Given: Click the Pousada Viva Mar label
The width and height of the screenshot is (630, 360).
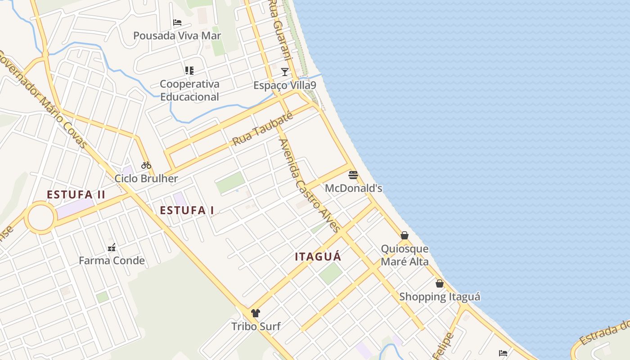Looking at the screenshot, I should (x=177, y=36).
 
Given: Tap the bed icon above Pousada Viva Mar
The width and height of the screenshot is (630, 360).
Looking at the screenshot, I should (x=177, y=22).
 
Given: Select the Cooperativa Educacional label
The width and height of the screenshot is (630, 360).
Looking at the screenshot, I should (x=189, y=90).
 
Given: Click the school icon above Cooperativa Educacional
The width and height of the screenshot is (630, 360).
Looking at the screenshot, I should (x=189, y=71).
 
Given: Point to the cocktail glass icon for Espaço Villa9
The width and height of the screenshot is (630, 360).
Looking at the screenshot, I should (x=284, y=72).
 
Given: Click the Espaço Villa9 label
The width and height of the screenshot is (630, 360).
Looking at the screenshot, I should (x=284, y=85).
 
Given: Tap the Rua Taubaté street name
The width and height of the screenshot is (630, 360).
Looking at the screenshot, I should (x=262, y=129).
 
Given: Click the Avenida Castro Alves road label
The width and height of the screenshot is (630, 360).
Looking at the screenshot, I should (x=310, y=185).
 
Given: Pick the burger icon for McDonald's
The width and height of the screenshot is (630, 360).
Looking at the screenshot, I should (x=353, y=175).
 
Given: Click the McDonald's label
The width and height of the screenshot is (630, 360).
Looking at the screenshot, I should (x=353, y=188).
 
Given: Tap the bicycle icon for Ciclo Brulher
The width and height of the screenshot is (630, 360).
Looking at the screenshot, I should (x=146, y=165).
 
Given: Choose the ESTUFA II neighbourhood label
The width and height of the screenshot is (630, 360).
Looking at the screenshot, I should (x=76, y=195).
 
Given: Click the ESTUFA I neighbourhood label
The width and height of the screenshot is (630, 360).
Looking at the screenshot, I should (x=187, y=210).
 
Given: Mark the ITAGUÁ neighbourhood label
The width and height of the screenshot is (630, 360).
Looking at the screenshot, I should (x=318, y=257).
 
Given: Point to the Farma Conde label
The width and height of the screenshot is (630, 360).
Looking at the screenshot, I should (x=112, y=261).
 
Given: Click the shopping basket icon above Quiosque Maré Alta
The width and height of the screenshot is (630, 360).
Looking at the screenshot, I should (x=405, y=235).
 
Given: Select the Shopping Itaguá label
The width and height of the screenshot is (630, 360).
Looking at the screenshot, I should (x=440, y=297).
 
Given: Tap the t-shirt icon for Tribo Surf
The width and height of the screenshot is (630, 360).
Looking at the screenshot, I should (x=256, y=313).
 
